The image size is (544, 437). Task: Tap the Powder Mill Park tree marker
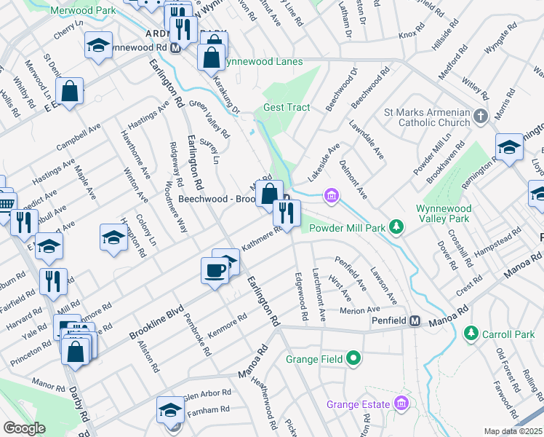pyautogui.click(x=396, y=228)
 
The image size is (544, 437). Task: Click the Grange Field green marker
pyautogui.click(x=353, y=358)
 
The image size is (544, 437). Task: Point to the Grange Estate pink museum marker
pyautogui.click(x=401, y=403)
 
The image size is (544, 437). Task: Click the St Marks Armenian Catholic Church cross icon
pyautogui.click(x=480, y=117)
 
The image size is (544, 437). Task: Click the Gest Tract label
pyautogui.click(x=287, y=107)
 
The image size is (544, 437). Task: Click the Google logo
pyautogui.click(x=24, y=428)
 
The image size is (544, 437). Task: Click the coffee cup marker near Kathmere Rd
pyautogui.click(x=215, y=270)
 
